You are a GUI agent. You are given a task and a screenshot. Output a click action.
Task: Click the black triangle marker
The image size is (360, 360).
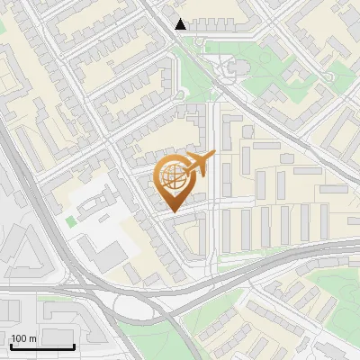point(182,24)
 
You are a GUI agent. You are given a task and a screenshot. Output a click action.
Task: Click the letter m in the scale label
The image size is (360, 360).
point(32,338)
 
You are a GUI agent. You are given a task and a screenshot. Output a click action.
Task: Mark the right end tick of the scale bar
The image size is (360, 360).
point(74,345)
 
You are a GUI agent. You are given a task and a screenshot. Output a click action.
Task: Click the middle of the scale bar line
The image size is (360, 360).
point(41,347)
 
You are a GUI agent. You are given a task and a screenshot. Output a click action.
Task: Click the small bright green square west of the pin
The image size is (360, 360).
point(71,220)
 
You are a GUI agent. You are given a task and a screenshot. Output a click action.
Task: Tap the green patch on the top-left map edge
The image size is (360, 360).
point(3,27)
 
